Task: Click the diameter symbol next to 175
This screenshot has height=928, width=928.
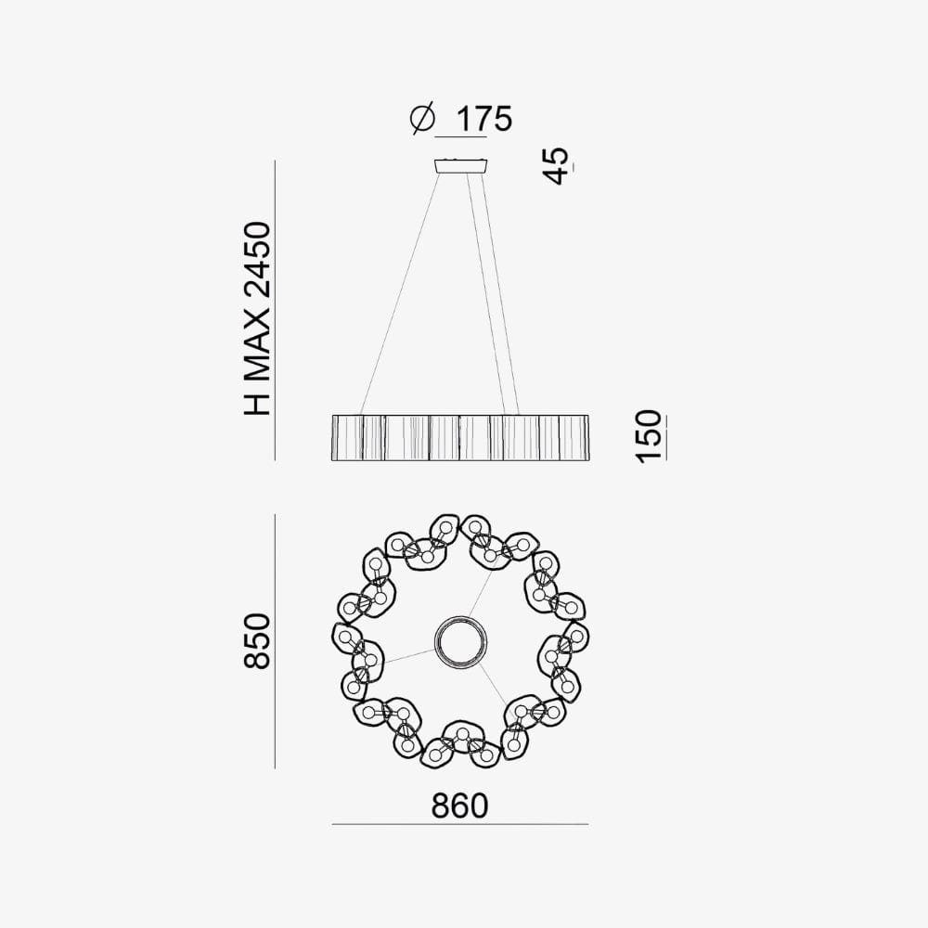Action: click(422, 119)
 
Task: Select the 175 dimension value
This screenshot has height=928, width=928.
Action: click(483, 119)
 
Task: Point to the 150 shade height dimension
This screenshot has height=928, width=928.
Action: click(650, 436)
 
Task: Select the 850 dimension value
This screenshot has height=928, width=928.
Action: click(258, 641)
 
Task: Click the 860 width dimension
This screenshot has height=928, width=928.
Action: click(460, 806)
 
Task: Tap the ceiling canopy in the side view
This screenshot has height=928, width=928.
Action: click(461, 166)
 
